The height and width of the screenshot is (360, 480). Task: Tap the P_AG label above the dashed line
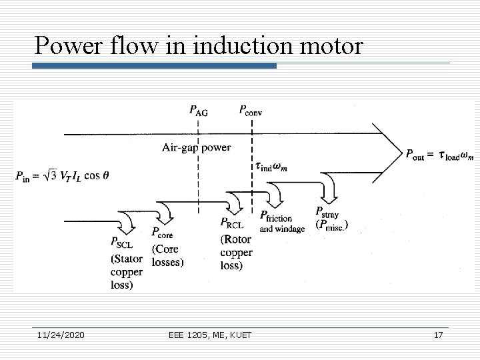click(x=198, y=111)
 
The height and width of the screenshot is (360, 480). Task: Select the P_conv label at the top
click(x=250, y=111)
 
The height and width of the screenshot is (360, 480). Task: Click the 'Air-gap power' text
click(x=196, y=147)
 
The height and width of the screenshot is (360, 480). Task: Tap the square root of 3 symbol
click(x=51, y=175)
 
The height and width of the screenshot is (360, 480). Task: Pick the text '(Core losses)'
click(x=167, y=256)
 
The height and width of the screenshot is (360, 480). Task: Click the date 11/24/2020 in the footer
click(x=61, y=335)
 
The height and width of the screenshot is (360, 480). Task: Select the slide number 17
click(x=437, y=335)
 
